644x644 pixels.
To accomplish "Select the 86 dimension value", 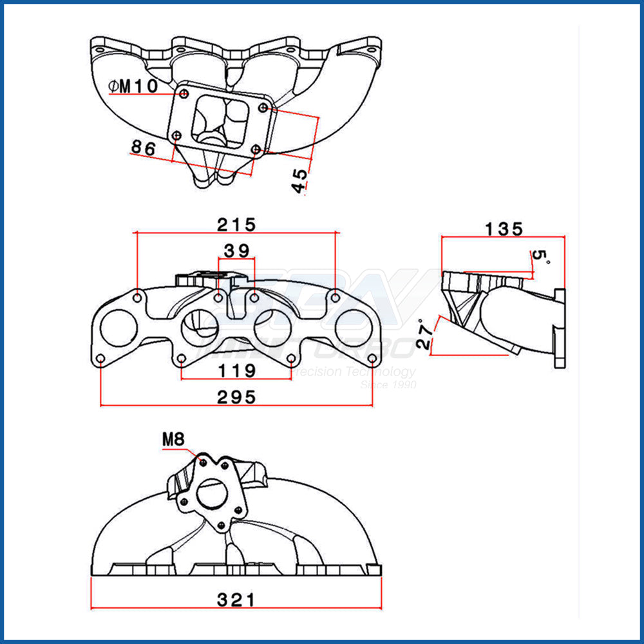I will point(144,147).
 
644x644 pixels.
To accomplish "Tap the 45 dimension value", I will point(299,180).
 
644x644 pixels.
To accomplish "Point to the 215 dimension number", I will point(236,224).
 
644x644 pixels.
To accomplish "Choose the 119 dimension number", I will point(236,371).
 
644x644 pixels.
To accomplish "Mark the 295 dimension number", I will point(236,397).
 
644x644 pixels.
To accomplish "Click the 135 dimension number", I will point(504,229).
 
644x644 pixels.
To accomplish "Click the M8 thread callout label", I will point(173,440).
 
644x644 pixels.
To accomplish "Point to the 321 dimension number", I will point(236,600).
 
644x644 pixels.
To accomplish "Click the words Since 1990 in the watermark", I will point(388,384).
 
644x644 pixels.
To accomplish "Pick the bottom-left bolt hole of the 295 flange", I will point(100,359).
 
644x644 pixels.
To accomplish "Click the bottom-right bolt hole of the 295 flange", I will point(372,359).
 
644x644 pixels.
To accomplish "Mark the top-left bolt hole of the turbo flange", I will point(185,95).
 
